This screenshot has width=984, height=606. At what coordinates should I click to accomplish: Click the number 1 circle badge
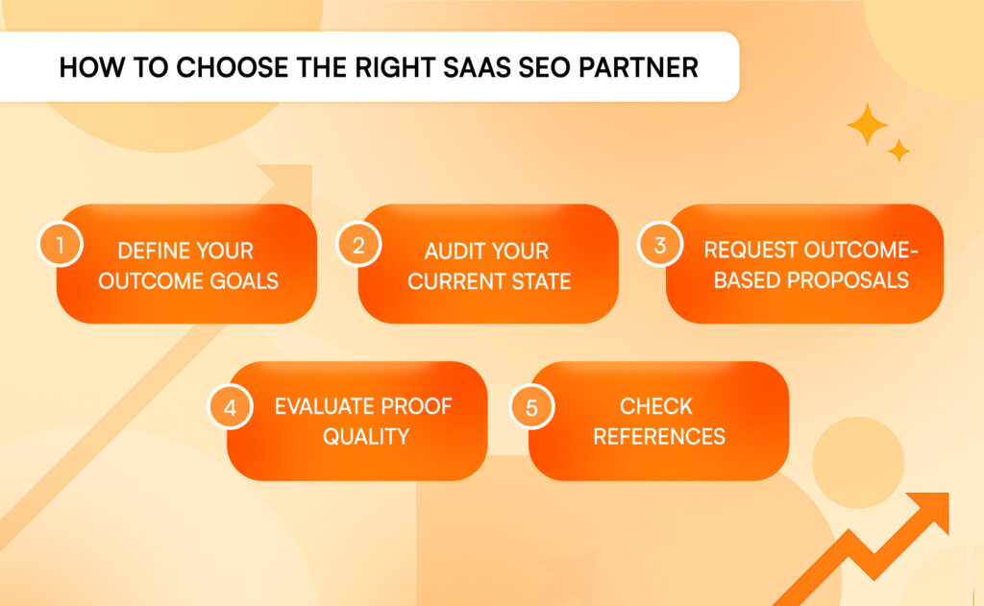61,245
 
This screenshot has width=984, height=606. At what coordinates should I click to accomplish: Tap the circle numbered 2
358,245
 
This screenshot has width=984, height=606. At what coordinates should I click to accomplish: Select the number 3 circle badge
659,245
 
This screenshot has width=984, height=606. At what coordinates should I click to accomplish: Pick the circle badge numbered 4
231,407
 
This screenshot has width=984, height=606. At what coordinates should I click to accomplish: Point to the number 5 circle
531,407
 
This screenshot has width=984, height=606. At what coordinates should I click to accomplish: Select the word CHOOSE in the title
232,68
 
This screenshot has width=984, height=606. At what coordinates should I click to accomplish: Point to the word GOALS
243,281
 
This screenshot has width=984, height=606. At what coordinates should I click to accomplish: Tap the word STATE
541,281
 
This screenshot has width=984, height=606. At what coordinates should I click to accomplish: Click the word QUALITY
366,437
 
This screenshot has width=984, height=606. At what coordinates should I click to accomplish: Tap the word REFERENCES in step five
659,437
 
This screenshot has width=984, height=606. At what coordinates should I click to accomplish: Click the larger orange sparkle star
868,124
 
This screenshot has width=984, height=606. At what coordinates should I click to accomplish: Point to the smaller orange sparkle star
898,151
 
